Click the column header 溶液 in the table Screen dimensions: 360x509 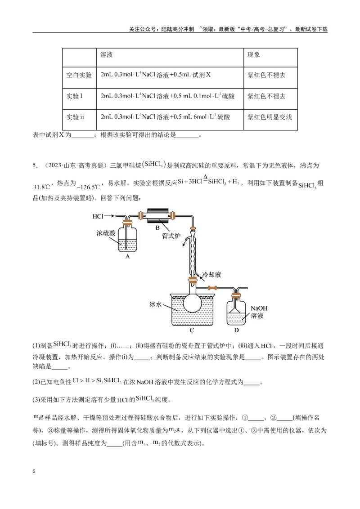[x=106, y=54]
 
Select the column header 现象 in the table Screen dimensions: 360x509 [x=253, y=54]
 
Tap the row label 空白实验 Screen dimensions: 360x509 [x=79, y=75]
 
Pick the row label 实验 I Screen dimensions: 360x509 [x=74, y=96]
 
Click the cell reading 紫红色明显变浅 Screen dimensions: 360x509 [x=270, y=117]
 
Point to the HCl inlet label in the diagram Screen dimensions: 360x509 [x=98, y=216]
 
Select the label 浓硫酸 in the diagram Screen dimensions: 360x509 [x=106, y=233]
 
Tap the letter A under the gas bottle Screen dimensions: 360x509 [x=127, y=256]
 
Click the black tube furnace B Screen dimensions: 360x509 [x=158, y=215]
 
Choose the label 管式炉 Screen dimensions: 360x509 [x=171, y=236]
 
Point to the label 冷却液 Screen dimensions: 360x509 [x=211, y=275]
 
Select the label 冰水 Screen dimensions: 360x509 [x=155, y=304]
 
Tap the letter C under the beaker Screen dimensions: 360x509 [x=192, y=330]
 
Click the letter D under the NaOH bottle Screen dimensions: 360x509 [x=236, y=330]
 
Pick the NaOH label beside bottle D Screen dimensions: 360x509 [x=259, y=308]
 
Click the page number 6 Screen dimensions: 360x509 [x=34, y=471]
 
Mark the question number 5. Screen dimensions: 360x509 [x=35, y=165]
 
